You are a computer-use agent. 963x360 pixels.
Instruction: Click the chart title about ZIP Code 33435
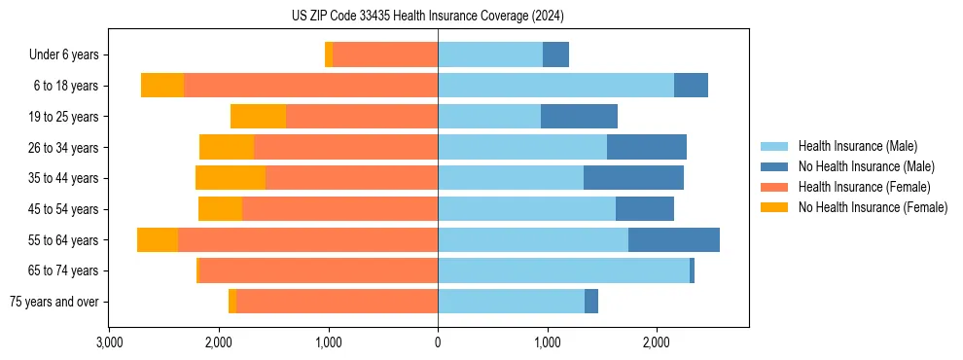427,17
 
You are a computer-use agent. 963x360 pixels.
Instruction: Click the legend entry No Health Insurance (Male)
866,166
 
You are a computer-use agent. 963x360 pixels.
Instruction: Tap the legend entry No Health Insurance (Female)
873,207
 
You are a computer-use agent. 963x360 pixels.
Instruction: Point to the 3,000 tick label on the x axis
109,342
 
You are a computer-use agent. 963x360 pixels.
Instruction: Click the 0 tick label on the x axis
438,342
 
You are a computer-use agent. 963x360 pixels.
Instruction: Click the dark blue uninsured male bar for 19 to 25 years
579,117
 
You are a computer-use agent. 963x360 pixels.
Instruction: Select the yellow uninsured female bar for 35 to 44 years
231,178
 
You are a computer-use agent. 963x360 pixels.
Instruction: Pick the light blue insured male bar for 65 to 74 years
563,270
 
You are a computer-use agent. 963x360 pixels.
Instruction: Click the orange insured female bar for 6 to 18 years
310,86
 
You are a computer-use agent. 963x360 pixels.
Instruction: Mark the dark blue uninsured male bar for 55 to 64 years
674,239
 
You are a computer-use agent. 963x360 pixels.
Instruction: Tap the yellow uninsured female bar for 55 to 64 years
158,239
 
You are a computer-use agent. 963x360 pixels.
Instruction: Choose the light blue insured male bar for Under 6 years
490,54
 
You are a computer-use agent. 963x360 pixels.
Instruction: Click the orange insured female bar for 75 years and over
337,302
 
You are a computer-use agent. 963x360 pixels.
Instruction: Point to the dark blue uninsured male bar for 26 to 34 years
647,147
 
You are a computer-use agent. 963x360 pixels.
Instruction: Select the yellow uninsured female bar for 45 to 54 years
220,209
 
